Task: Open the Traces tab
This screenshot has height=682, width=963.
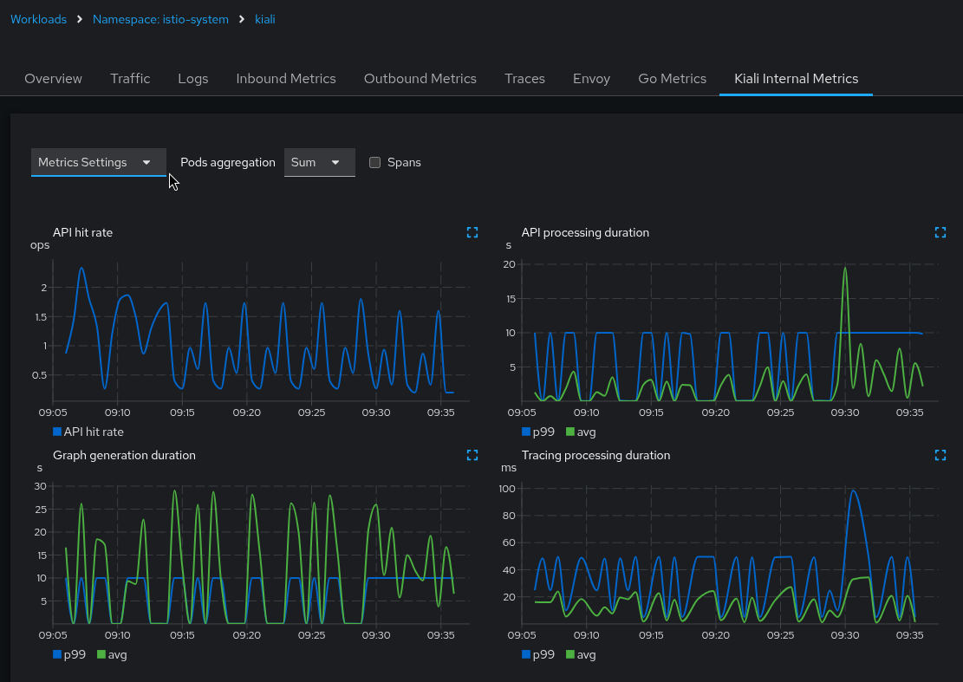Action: pos(524,78)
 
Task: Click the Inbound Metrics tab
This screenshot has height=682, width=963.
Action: pos(285,78)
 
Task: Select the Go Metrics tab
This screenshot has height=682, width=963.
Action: pos(672,78)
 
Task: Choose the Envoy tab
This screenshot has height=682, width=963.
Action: pos(591,78)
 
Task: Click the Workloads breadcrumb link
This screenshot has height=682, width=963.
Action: pos(38,19)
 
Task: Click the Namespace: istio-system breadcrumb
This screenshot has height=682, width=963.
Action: pos(160,19)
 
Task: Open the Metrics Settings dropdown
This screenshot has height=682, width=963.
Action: pos(98,162)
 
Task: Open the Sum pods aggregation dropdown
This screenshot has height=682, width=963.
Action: pos(319,162)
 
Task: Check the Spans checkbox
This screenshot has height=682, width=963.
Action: pos(375,162)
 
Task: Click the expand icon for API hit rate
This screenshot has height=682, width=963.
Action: pos(472,232)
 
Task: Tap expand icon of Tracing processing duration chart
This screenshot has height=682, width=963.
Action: pos(940,455)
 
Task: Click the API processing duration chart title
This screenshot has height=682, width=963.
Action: pos(585,232)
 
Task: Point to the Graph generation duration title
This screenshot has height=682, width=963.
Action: pos(124,455)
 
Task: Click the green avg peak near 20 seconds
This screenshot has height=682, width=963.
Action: pos(844,268)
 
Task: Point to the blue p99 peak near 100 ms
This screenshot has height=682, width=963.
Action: pos(853,490)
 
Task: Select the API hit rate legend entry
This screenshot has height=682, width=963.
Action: pos(88,432)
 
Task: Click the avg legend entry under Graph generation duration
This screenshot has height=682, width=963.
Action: pos(112,654)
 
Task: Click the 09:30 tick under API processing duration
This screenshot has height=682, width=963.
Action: pos(844,412)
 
